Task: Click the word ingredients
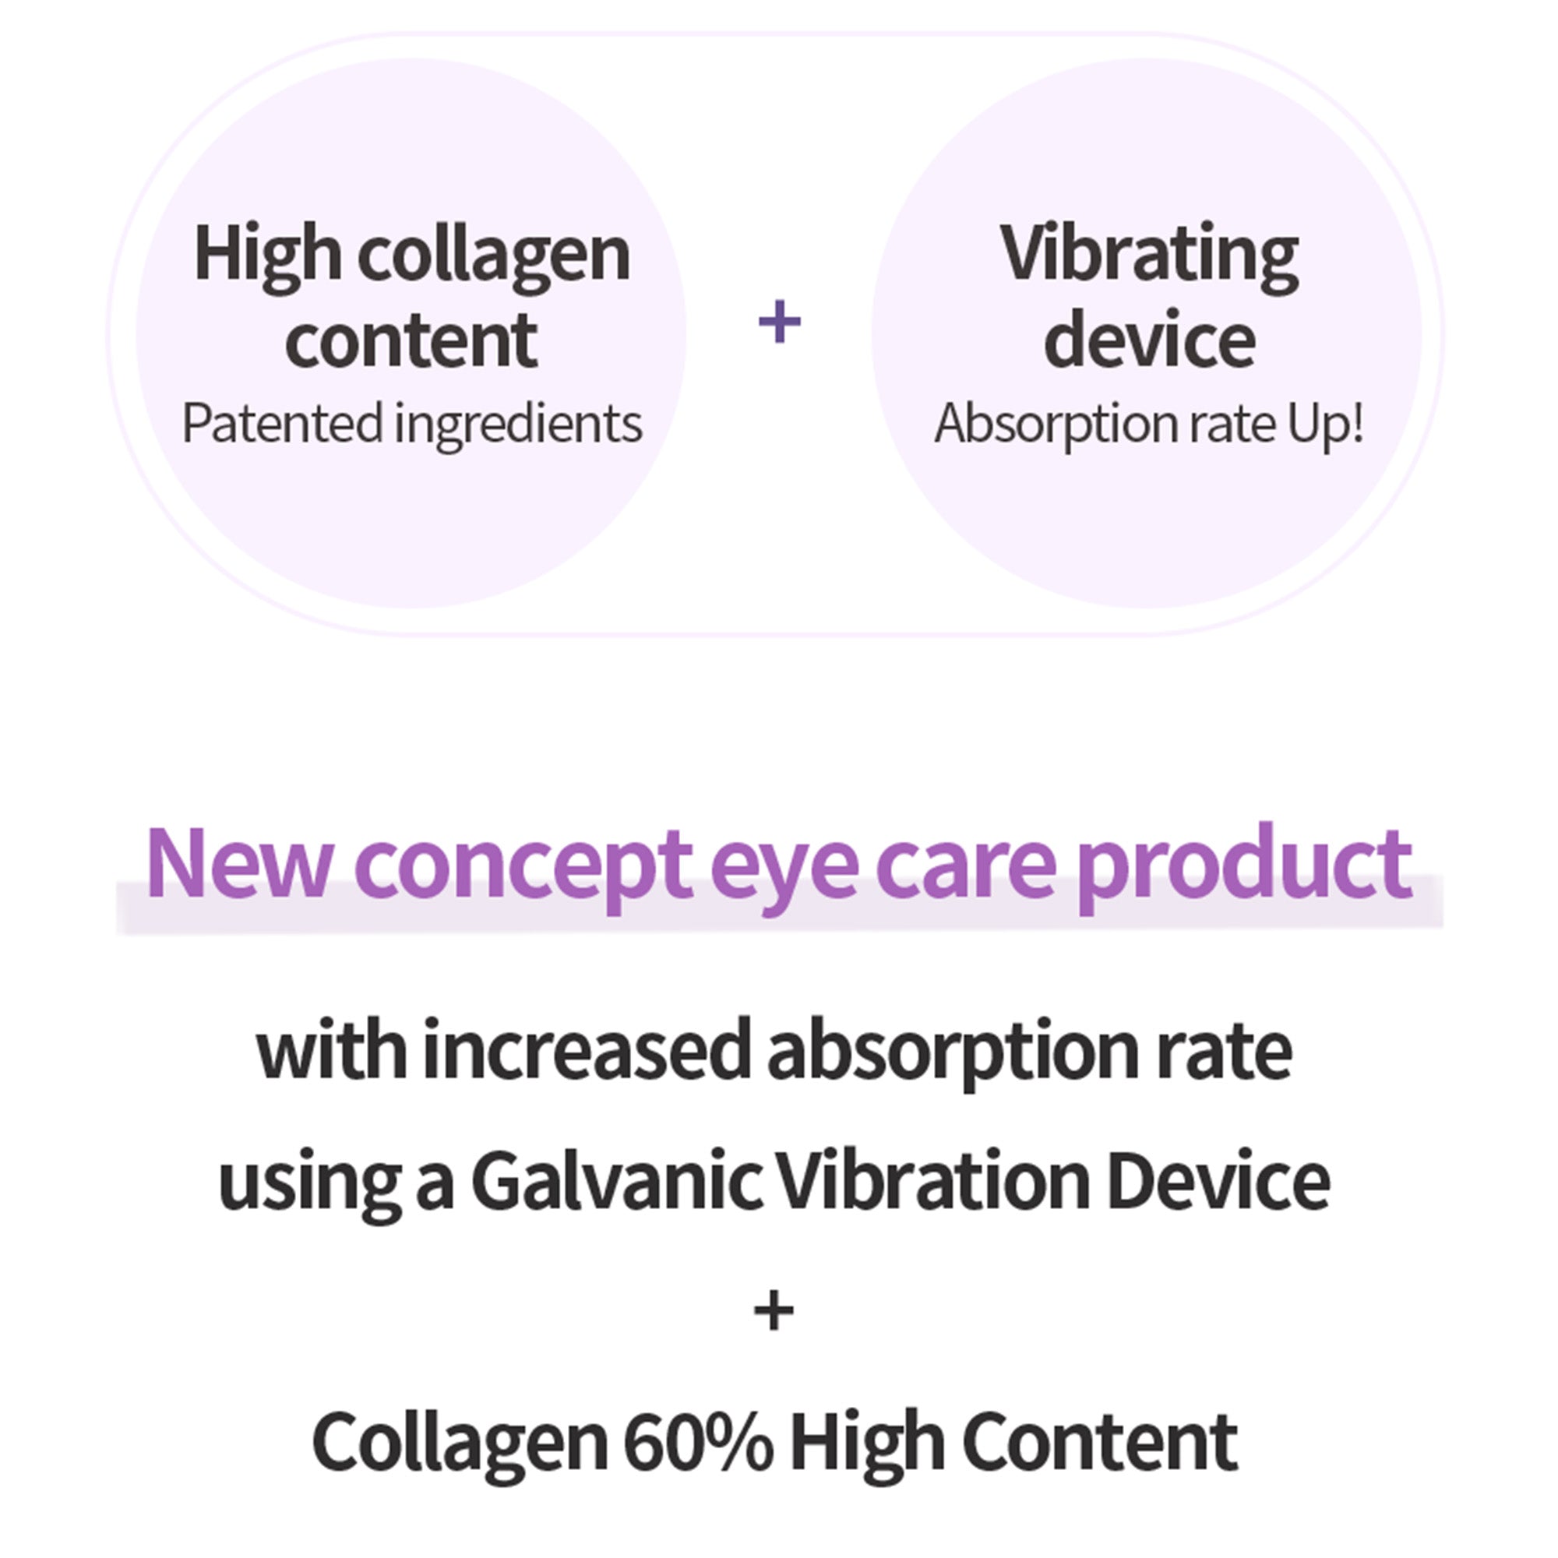pyautogui.click(x=518, y=425)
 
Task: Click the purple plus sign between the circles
pyautogui.click(x=780, y=322)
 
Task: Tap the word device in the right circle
pyautogui.click(x=1149, y=340)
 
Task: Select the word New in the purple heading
pyautogui.click(x=238, y=864)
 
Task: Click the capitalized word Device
pyautogui.click(x=1218, y=1182)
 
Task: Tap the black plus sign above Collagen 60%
pyautogui.click(x=774, y=1311)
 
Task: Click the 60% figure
pyautogui.click(x=697, y=1443)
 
